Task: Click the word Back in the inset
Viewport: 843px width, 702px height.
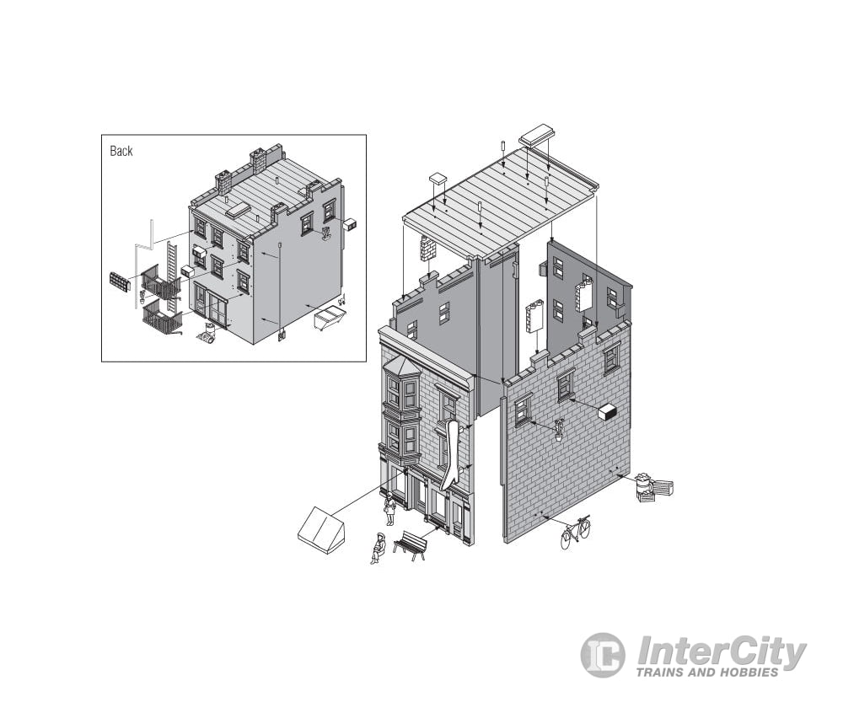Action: [x=121, y=151]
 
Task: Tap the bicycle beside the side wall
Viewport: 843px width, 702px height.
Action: [x=575, y=532]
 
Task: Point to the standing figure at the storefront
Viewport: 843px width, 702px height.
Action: [x=389, y=508]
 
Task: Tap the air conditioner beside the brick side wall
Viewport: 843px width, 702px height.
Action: [x=608, y=412]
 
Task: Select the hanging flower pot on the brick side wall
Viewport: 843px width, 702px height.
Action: [x=560, y=431]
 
